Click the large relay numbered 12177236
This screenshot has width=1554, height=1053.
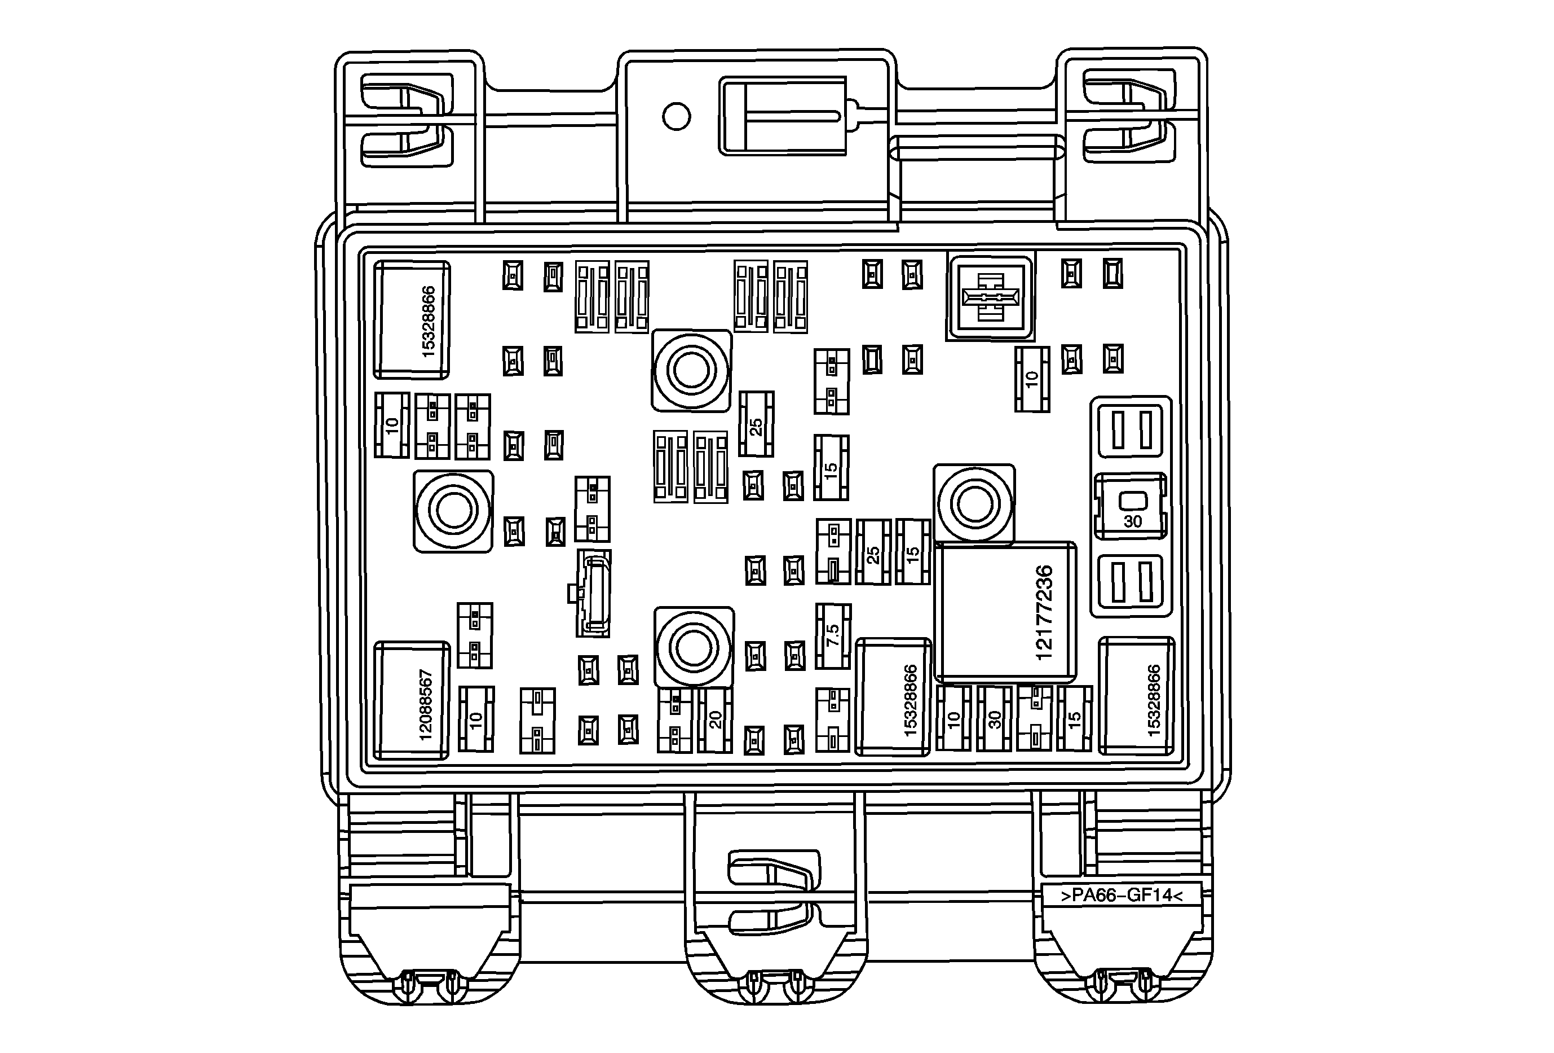(1005, 612)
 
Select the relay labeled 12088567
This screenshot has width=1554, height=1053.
(411, 700)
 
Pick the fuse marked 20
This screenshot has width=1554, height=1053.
(715, 720)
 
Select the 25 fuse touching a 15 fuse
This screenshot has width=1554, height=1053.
(873, 552)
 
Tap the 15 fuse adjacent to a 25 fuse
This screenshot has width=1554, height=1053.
(913, 552)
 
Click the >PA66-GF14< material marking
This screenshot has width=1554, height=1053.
(1122, 895)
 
